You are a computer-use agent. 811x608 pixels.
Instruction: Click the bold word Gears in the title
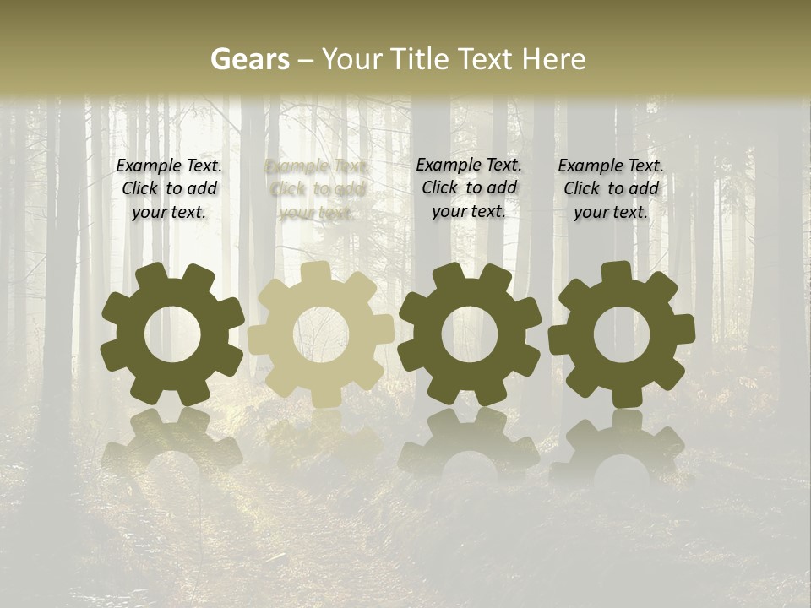tap(249, 60)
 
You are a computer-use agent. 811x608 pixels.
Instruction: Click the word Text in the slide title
tap(485, 60)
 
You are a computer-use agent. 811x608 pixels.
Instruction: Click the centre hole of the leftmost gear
tap(173, 334)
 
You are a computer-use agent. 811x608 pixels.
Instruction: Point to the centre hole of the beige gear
tap(321, 334)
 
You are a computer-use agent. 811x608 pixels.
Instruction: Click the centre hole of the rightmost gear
tap(622, 334)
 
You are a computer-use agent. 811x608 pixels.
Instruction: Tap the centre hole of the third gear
tap(470, 334)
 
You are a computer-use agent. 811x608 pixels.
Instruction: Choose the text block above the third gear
tap(469, 188)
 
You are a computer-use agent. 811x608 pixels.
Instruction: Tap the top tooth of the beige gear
tap(315, 272)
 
